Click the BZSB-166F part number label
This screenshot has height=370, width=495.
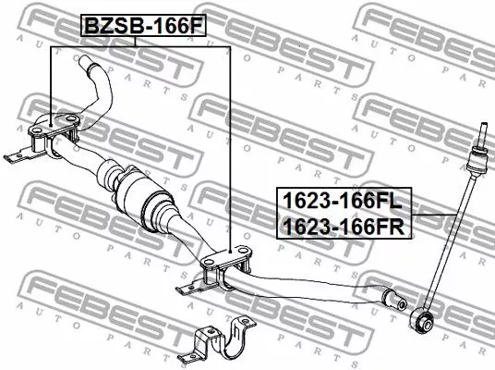click(142, 24)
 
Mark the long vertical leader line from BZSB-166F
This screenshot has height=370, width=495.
click(228, 139)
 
